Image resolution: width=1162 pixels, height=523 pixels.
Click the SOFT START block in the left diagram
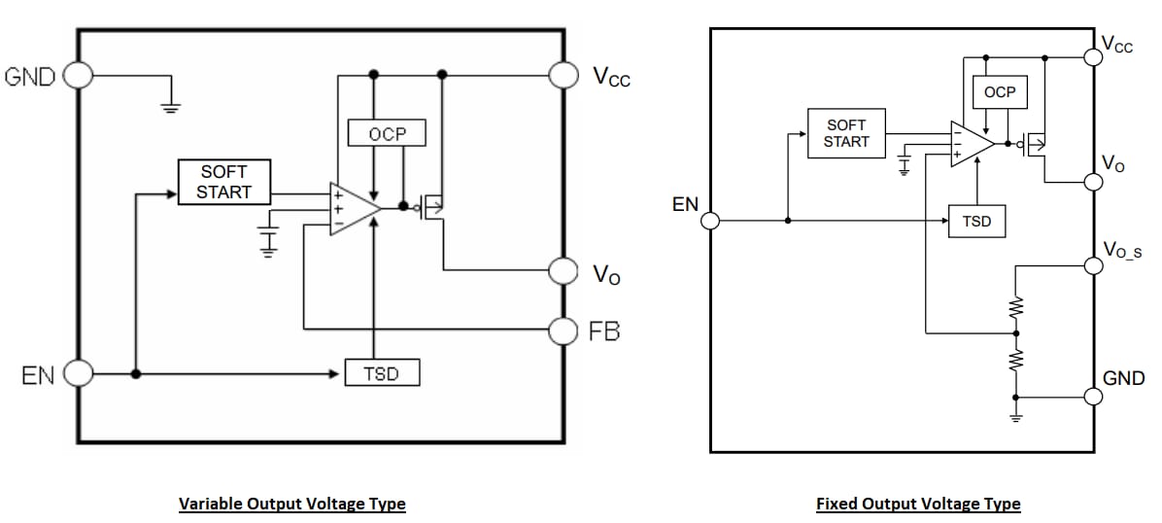coord(224,183)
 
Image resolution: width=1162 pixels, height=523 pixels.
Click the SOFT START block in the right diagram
coord(846,133)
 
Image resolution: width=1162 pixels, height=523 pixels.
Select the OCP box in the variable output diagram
coord(387,133)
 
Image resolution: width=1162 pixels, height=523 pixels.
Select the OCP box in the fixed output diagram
coord(999,92)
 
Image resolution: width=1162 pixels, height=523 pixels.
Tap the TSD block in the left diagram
coord(382,373)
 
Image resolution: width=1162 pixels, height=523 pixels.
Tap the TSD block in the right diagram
coord(976,222)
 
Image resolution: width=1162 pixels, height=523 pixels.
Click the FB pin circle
coord(564,331)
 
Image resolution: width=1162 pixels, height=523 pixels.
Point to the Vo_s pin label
coord(1123,250)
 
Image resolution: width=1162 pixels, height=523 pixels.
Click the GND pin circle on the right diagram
coord(1095,396)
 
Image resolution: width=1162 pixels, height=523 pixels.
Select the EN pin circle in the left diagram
coord(78,372)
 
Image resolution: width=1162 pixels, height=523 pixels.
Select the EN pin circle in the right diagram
coord(710,221)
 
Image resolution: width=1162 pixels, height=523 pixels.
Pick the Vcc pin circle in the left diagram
coord(564,74)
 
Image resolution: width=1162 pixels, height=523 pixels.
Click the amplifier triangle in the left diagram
coord(351,207)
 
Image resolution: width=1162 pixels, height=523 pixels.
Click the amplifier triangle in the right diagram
coord(970,144)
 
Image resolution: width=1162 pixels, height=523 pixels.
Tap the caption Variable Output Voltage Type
coord(291,504)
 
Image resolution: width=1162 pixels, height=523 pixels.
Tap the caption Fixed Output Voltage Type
coord(918,504)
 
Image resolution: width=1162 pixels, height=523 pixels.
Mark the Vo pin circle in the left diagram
coord(564,269)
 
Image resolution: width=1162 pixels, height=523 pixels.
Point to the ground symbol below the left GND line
coord(171,106)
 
